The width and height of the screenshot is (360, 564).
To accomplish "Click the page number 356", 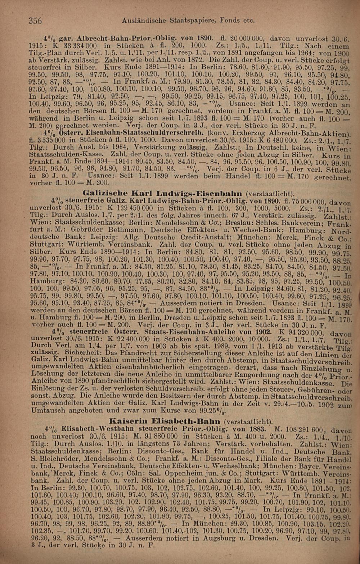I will [35, 21].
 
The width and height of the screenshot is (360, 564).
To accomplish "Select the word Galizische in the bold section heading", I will [100, 192].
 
